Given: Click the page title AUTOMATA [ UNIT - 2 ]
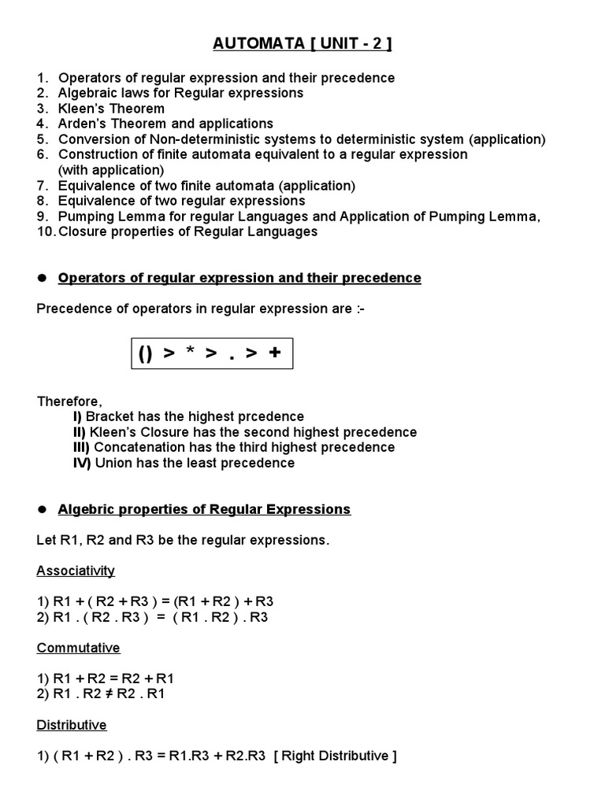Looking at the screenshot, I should coord(302,43).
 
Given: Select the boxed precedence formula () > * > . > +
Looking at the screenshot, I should coord(211,353).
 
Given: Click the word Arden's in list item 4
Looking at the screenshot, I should coord(83,124).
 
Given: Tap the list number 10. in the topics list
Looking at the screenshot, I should coord(46,231).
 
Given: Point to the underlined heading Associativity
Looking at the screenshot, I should coord(76,571).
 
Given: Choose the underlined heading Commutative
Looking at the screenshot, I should coord(79,648).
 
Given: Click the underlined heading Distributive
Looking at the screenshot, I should coord(72,725).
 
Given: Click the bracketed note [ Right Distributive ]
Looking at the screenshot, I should coord(335,756).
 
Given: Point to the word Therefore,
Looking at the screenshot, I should coord(69,401).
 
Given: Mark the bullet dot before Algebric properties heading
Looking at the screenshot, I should coord(43,509).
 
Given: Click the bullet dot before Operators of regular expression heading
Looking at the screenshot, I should coord(43,278).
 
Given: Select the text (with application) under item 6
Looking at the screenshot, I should coord(111,170).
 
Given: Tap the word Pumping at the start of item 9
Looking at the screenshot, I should coord(85,216).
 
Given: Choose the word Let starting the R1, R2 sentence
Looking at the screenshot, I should coord(47,540).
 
